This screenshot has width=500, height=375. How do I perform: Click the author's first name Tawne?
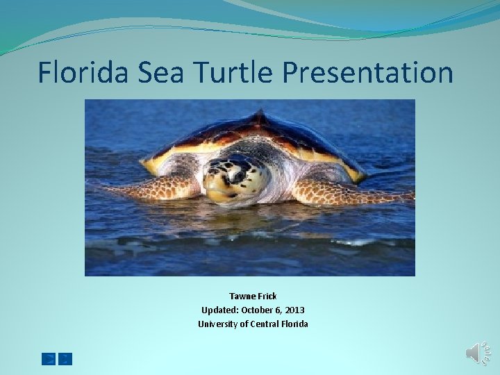pyautogui.click(x=242, y=297)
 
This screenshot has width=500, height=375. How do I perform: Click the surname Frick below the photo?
pyautogui.click(x=267, y=297)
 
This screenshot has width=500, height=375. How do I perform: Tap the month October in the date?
pyautogui.click(x=262, y=310)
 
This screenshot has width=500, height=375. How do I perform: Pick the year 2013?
pyautogui.click(x=294, y=310)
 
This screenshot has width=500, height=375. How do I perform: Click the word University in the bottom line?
pyautogui.click(x=218, y=324)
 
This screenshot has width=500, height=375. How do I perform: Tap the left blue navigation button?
pyautogui.click(x=49, y=359)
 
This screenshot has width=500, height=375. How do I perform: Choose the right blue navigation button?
pyautogui.click(x=65, y=359)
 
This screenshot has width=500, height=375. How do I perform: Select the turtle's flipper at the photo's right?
pyautogui.click(x=347, y=191)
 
